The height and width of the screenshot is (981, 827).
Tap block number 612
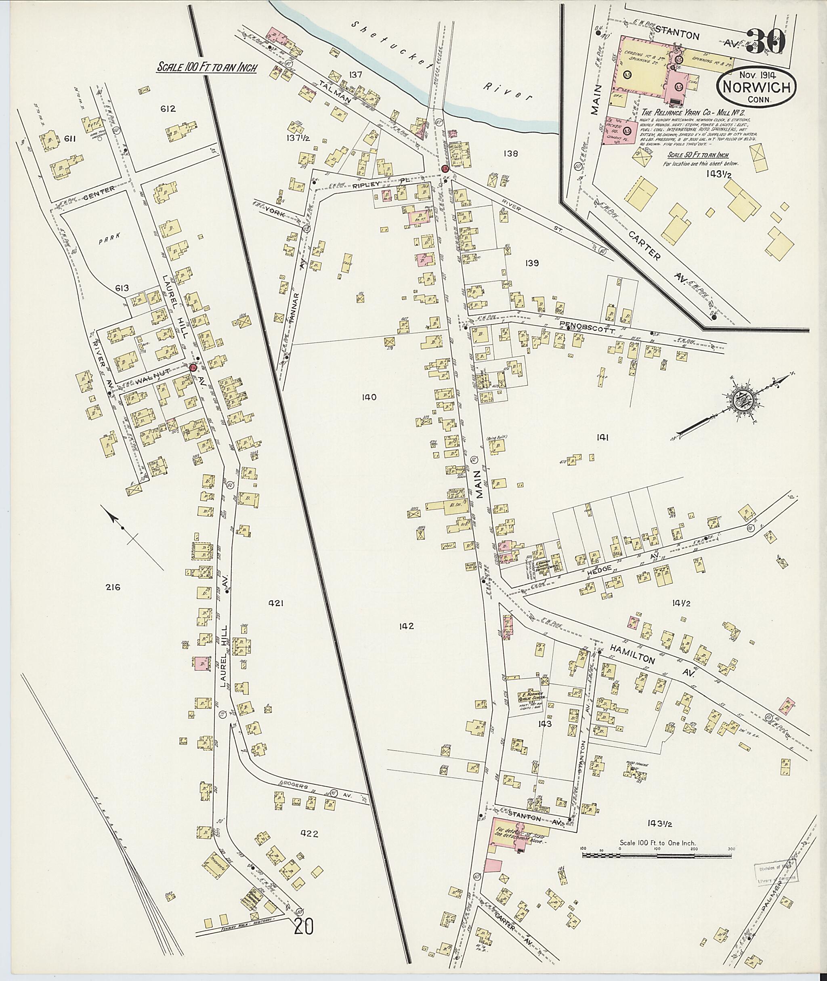pos(167,109)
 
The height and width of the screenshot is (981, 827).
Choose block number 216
pos(113,587)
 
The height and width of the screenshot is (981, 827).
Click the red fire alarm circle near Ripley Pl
pos(445,168)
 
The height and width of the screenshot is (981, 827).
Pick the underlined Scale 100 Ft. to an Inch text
pos(207,67)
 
